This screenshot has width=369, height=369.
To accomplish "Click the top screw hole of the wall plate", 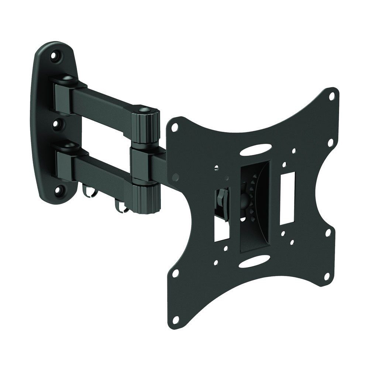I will pyautogui.click(x=55, y=56).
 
